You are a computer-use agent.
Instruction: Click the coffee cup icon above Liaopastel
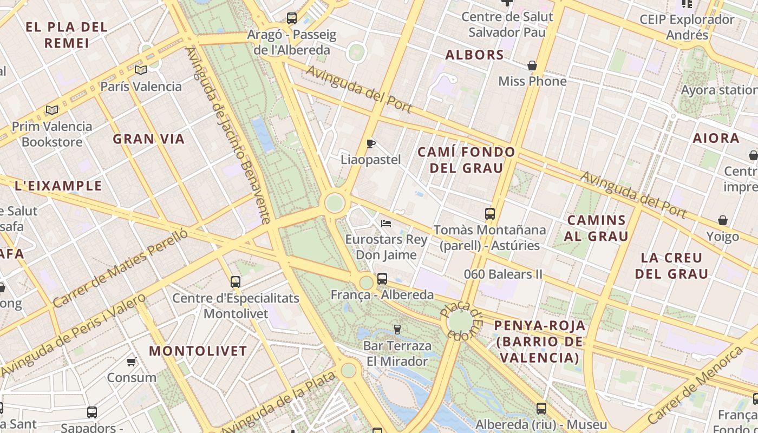point(371,143)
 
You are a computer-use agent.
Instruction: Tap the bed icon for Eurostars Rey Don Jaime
point(386,223)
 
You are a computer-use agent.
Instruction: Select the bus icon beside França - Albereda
point(382,279)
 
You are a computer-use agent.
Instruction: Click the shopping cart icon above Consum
point(131,362)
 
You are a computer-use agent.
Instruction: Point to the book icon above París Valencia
point(141,70)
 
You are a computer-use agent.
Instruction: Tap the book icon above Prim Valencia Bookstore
point(52,110)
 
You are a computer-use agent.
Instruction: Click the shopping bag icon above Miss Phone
point(532,65)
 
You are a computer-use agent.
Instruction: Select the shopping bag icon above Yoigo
point(722,220)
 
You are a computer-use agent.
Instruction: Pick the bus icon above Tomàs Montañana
point(490,214)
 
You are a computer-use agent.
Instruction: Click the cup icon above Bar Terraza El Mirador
point(397,330)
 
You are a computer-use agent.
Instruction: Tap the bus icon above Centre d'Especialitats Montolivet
point(236,281)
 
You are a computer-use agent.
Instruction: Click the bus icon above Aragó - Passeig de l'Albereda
point(292,18)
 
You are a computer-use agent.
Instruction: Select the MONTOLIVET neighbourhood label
point(198,351)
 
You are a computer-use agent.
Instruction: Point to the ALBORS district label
point(474,55)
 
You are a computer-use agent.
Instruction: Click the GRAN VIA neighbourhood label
point(149,139)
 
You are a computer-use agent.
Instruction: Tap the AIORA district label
point(716,138)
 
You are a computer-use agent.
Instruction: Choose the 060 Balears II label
point(503,274)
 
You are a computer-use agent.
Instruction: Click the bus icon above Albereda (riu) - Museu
point(541,409)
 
